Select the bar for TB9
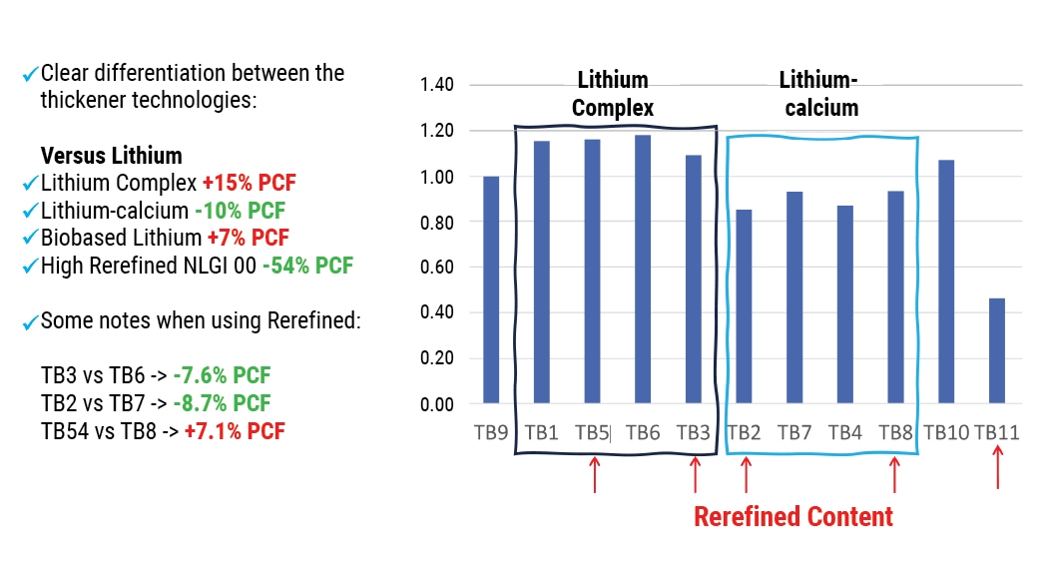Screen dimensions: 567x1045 coord(491,289)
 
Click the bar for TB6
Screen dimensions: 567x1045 coord(643,270)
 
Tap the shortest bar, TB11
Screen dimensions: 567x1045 coord(997,350)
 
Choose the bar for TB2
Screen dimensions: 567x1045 coord(744,306)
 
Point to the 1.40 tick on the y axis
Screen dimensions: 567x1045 coord(437,86)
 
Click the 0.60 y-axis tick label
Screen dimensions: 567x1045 coord(437,267)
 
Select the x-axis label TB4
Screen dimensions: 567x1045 coord(844,433)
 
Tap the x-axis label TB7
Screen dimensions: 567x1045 coord(794,433)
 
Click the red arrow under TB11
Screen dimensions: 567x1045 coord(998,467)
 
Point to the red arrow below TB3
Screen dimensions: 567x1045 coord(696,474)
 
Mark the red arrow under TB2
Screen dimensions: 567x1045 coord(746,474)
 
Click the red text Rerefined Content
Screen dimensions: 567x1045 coord(792,517)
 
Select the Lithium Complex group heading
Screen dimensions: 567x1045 coord(613,94)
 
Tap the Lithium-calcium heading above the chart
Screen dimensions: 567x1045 coord(818,94)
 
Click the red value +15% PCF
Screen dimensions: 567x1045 coord(250,184)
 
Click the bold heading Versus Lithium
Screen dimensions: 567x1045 coord(111,156)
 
